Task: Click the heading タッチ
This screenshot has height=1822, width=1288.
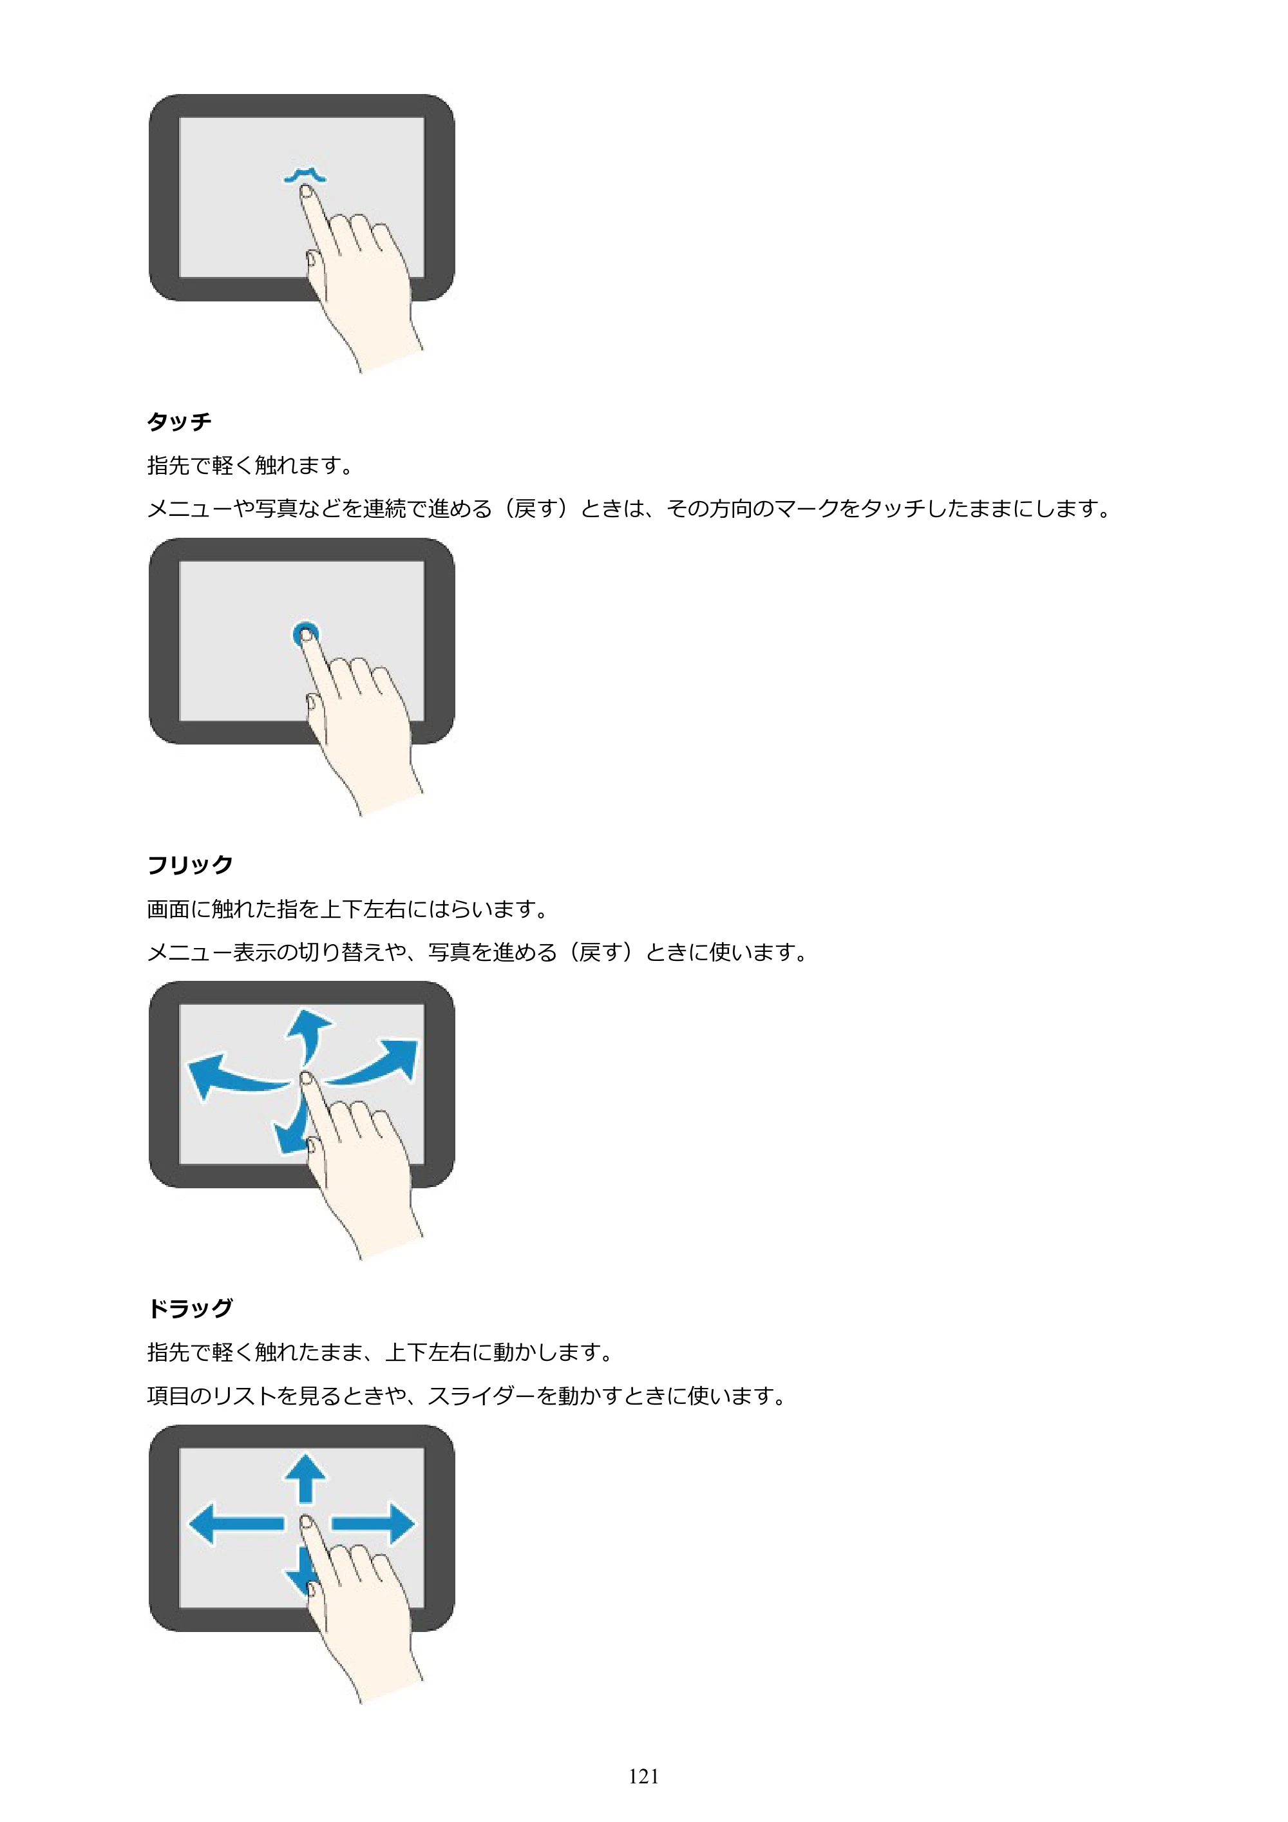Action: (x=179, y=421)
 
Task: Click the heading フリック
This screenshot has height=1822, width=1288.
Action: (x=190, y=864)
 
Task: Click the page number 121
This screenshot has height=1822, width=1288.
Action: (x=643, y=1776)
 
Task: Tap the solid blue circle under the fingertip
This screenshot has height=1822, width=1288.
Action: (x=305, y=633)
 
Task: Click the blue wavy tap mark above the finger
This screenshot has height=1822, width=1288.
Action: (x=305, y=175)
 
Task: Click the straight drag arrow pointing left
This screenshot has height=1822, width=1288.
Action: (x=236, y=1523)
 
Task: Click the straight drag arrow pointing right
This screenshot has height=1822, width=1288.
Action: (x=373, y=1523)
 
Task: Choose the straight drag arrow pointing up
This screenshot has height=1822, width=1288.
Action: (x=305, y=1477)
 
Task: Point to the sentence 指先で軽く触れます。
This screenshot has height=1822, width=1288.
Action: (x=251, y=465)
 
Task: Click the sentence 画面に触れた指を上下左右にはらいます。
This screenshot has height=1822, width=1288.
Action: (x=348, y=909)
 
